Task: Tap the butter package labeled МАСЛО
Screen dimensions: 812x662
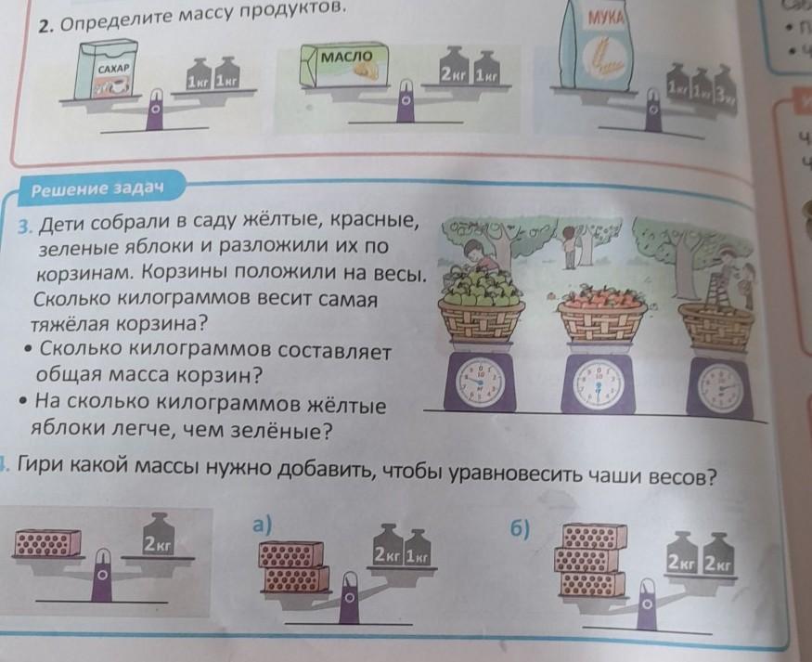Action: (342, 70)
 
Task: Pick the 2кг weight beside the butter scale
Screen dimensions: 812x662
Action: (454, 71)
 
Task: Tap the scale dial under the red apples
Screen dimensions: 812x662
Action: (599, 381)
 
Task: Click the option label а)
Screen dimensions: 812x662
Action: (264, 523)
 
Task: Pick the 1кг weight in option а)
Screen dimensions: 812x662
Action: (415, 555)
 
